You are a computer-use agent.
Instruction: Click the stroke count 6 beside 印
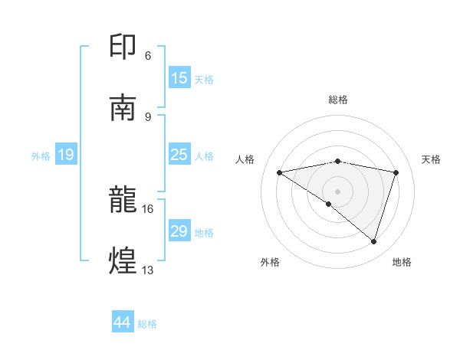tap(148, 56)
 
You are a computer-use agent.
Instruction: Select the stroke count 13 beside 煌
tap(148, 270)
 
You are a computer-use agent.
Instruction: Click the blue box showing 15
tap(179, 78)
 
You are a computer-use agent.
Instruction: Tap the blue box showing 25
tap(179, 155)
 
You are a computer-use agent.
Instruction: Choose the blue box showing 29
tap(179, 231)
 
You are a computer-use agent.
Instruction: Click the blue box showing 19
tap(66, 155)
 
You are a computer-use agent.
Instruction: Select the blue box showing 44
tap(123, 322)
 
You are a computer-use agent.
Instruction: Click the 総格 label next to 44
tap(148, 324)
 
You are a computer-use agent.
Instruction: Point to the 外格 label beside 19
tap(41, 156)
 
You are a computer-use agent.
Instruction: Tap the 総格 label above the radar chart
tap(338, 100)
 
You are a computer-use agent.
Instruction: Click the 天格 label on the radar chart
tap(432, 159)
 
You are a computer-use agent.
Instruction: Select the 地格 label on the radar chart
tap(402, 262)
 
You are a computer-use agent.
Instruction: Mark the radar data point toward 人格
tap(280, 172)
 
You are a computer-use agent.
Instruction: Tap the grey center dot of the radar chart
tap(337, 191)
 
